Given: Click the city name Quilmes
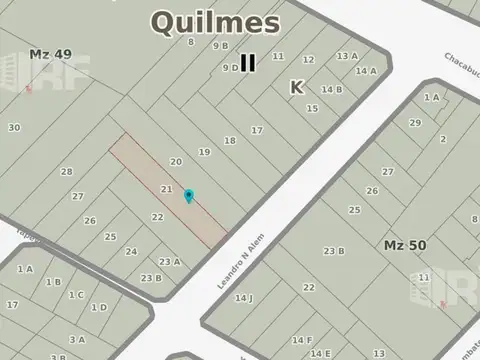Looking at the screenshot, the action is (x=215, y=20).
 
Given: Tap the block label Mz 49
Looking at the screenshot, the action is (x=50, y=54).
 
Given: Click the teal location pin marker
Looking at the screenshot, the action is (x=188, y=196).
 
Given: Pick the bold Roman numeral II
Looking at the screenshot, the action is (x=247, y=63).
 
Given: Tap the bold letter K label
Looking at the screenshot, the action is (x=296, y=87).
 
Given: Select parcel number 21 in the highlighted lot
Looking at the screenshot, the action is (x=167, y=189).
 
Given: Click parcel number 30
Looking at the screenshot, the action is (x=14, y=127).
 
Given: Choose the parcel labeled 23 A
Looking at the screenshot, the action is (x=170, y=262).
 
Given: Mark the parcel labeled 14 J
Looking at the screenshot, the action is (x=244, y=298).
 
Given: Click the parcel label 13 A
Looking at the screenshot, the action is (x=347, y=56).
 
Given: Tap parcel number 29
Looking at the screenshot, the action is (x=415, y=122).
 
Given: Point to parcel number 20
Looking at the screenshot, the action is (x=176, y=161).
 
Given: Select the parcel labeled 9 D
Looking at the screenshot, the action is (x=229, y=68).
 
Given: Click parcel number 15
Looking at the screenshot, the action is (x=312, y=108).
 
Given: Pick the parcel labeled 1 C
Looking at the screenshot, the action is (x=76, y=294).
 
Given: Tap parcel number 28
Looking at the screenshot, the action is (x=66, y=171).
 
